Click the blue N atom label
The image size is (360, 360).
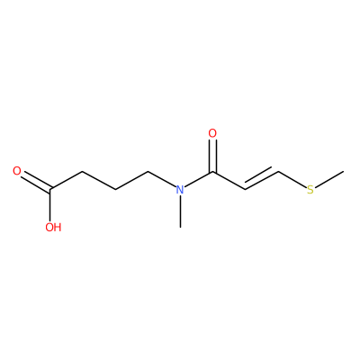tap(180, 190)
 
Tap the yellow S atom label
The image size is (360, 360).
tap(310, 190)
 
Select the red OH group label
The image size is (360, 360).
tap(53, 228)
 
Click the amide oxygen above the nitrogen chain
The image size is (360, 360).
tap(212, 133)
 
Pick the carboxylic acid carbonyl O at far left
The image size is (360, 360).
tap(17, 171)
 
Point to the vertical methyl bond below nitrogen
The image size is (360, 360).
tap(180, 212)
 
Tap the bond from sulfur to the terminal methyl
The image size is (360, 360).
tap(329, 179)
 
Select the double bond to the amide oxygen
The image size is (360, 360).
tap(212, 157)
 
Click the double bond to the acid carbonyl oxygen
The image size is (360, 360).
tap(36, 182)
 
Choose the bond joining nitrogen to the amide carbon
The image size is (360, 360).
tap(199, 179)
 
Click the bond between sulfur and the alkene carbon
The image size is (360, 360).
tap(292, 179)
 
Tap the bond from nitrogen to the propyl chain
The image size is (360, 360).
tap(162, 179)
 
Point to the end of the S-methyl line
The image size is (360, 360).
tap(344, 171)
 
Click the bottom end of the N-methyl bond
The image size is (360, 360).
tap(180, 228)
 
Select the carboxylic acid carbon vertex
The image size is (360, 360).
tap(50, 190)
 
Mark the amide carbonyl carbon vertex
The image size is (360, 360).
tap(212, 172)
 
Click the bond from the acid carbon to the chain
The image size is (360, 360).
tap(67, 181)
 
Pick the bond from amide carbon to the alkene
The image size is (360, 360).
tap(229, 181)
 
